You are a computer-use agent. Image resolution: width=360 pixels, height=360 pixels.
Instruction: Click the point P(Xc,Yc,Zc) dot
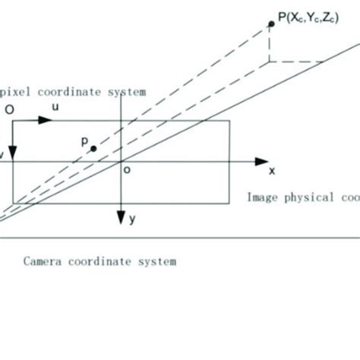[x=270, y=24]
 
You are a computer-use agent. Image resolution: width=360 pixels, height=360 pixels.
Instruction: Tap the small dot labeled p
[x=93, y=149]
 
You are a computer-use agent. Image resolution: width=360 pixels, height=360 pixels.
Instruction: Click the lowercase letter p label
[x=84, y=141]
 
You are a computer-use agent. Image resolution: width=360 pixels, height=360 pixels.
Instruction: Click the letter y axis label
[x=132, y=219]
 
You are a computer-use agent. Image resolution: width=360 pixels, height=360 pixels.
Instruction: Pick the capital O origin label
[x=9, y=109]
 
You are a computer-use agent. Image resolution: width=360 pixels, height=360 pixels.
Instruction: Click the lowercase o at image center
[x=127, y=171]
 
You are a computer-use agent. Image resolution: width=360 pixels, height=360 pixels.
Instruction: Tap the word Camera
[x=43, y=261]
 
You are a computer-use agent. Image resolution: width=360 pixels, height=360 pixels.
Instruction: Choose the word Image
[x=262, y=197]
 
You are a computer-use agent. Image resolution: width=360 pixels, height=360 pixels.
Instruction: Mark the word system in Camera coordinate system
[x=158, y=261]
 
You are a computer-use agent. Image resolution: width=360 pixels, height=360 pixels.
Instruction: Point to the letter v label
[x=2, y=154]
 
